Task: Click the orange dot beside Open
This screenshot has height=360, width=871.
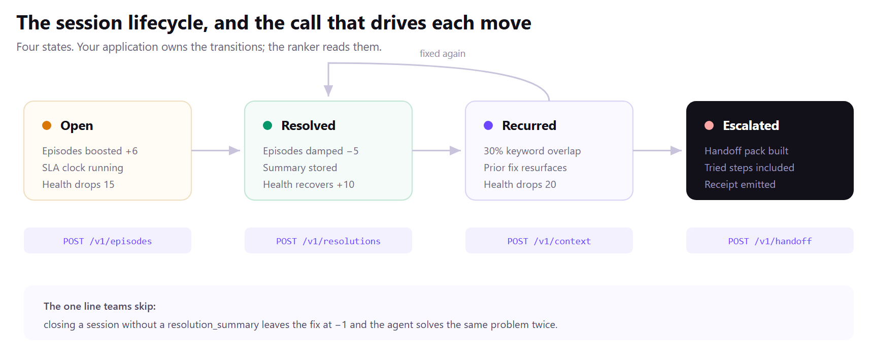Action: point(47,125)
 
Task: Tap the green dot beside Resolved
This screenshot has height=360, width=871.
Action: point(267,125)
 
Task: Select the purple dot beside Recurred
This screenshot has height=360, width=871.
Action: point(488,125)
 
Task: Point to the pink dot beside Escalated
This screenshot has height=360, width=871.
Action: point(709,125)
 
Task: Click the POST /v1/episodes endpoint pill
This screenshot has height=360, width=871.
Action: point(108,241)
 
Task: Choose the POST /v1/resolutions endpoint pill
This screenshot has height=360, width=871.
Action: point(328,241)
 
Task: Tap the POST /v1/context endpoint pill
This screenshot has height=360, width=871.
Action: point(549,241)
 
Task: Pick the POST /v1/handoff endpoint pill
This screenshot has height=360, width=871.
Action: point(770,241)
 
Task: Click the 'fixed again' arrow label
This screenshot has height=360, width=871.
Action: point(443,54)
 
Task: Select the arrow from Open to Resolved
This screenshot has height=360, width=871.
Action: point(216,151)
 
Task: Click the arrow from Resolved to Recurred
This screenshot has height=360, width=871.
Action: point(437,151)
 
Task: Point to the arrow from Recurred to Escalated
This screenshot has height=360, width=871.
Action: point(657,151)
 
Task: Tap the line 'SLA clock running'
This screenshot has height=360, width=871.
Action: point(83,168)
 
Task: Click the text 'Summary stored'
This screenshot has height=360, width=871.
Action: point(300,168)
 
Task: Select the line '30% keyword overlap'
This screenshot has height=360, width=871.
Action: point(532,151)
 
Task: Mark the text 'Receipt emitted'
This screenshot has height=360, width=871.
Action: point(740,184)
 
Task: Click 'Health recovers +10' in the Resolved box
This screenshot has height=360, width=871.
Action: point(309,184)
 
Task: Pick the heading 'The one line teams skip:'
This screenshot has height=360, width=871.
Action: point(99,306)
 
